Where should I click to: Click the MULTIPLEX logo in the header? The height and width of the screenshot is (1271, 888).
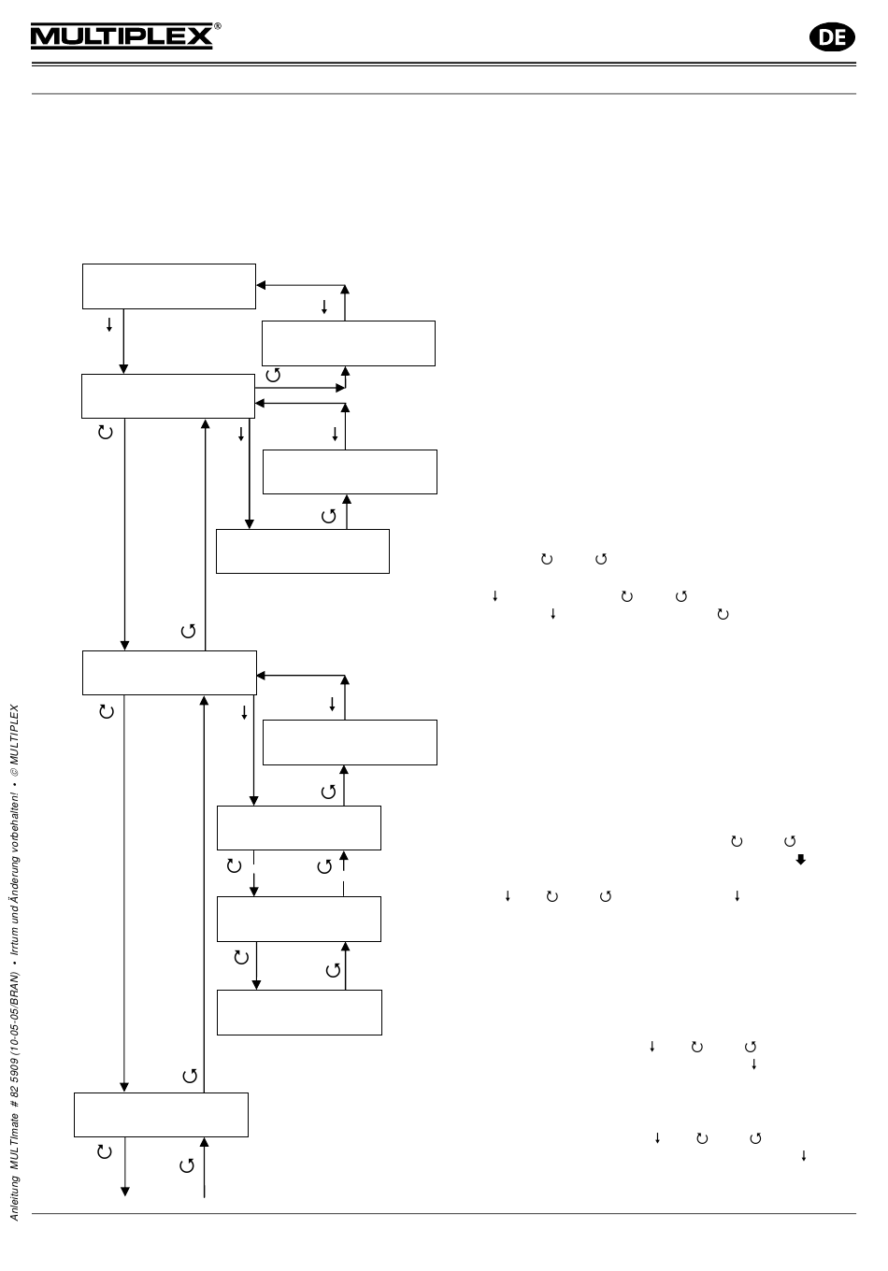click(x=122, y=36)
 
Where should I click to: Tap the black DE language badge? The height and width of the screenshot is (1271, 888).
click(x=831, y=36)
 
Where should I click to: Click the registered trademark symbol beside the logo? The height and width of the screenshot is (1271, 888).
click(x=218, y=26)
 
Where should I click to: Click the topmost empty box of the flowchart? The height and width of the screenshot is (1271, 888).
click(x=169, y=286)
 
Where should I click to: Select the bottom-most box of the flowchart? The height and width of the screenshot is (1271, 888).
click(x=161, y=1115)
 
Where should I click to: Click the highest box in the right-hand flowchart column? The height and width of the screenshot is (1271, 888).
click(x=349, y=343)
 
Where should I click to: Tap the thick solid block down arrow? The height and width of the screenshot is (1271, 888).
click(x=801, y=859)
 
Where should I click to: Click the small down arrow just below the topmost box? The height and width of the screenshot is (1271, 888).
click(x=109, y=325)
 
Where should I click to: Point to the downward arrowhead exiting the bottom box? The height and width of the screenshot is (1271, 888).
click(x=124, y=1191)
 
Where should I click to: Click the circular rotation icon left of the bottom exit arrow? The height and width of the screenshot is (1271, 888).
click(x=105, y=1151)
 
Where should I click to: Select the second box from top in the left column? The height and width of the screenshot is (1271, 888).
click(x=168, y=396)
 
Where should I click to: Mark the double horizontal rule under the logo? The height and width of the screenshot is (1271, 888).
click(x=444, y=64)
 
